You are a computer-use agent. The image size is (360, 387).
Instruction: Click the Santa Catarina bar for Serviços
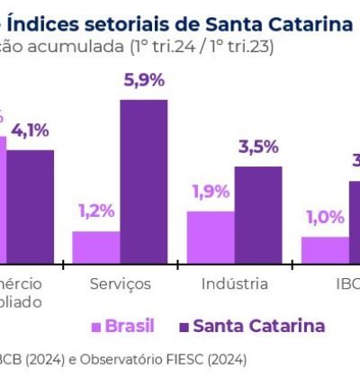pos(143,181)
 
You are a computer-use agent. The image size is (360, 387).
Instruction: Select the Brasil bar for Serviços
pos(95,247)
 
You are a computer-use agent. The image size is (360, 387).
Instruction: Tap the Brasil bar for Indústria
pos(210,238)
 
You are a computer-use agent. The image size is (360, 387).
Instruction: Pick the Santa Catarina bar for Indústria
pos(257,215)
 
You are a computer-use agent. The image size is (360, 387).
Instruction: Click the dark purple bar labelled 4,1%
pos(31,206)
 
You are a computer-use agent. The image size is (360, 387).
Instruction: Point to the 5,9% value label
pos(143,81)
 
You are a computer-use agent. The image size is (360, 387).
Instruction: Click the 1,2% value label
pos(95,211)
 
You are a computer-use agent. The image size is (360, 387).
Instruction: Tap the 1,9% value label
pos(210,192)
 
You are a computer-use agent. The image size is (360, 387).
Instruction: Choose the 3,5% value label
pos(258,148)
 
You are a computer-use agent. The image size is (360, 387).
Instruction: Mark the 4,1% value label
pos(31,130)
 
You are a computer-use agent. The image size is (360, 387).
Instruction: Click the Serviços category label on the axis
pos(121,283)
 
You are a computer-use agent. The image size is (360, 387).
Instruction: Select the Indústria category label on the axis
pos(234,283)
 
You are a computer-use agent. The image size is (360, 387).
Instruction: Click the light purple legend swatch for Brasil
pos(94,326)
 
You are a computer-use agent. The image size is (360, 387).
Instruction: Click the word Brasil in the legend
pos(130,326)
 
